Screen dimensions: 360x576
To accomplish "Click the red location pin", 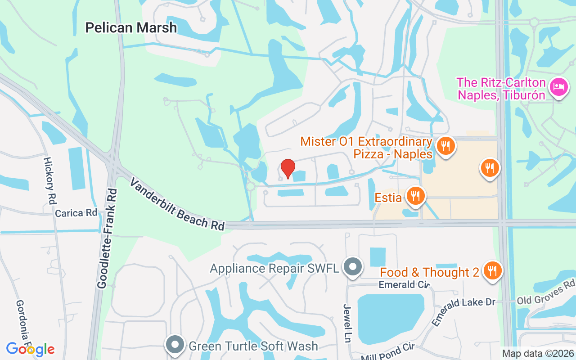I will [x=288, y=169].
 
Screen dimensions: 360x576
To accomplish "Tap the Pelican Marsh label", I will [x=131, y=28].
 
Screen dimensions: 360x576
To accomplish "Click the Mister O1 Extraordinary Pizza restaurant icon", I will [x=445, y=146].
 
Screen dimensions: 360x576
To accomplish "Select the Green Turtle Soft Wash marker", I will [x=175, y=345].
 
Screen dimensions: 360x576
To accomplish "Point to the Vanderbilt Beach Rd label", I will [x=177, y=204].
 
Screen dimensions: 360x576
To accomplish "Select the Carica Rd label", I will [x=76, y=213].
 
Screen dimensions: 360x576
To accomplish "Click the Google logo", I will [x=30, y=349].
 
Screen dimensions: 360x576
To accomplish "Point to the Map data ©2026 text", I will [x=537, y=354].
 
